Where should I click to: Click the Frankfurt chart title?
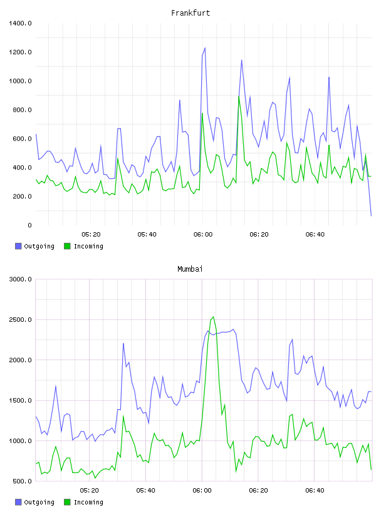(x=190, y=13)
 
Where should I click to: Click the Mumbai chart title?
(x=190, y=269)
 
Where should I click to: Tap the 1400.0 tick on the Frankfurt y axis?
(x=20, y=23)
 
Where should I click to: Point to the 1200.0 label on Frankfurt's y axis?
(x=20, y=52)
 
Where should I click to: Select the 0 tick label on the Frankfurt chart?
(x=29, y=225)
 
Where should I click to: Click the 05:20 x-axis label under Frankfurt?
(x=91, y=235)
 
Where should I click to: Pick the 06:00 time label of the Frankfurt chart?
(x=203, y=235)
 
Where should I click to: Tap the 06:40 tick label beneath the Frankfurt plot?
(x=315, y=235)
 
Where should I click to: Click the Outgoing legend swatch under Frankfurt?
(x=18, y=246)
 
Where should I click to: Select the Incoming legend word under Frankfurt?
(x=88, y=246)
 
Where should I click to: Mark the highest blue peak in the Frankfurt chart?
(x=205, y=48)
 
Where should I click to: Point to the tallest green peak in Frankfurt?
(x=239, y=97)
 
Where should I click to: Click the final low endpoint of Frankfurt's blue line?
(x=371, y=216)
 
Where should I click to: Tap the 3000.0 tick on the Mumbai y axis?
(x=20, y=279)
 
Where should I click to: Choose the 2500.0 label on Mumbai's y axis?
(x=20, y=319)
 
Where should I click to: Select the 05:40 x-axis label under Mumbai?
(x=146, y=491)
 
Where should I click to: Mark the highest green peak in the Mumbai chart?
(x=213, y=316)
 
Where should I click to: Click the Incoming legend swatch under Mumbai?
(x=67, y=502)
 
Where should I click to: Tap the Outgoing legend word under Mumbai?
(x=39, y=502)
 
